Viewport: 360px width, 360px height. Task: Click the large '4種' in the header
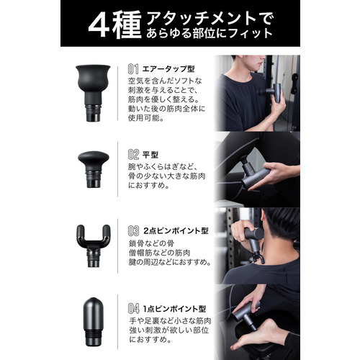point(114,25)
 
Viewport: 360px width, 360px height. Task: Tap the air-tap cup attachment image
point(93,93)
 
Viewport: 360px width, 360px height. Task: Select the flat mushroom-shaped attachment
point(94,169)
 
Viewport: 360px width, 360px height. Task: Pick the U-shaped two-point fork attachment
point(94,246)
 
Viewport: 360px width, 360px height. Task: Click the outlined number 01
point(133,69)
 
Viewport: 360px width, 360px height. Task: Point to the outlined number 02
point(133,155)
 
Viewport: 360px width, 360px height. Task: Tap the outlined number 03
point(133,231)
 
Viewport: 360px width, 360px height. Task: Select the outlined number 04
point(134,309)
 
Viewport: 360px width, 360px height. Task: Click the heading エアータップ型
point(168,69)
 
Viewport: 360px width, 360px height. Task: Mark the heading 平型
point(150,155)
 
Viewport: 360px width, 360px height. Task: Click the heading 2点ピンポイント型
point(176,231)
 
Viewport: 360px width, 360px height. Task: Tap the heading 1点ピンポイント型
point(174,309)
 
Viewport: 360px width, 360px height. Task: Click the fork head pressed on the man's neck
point(258,257)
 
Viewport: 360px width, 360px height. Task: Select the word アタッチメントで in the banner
point(209,19)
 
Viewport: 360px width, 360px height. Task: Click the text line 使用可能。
point(146,118)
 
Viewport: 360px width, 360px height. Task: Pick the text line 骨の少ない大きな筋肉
point(166,176)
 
